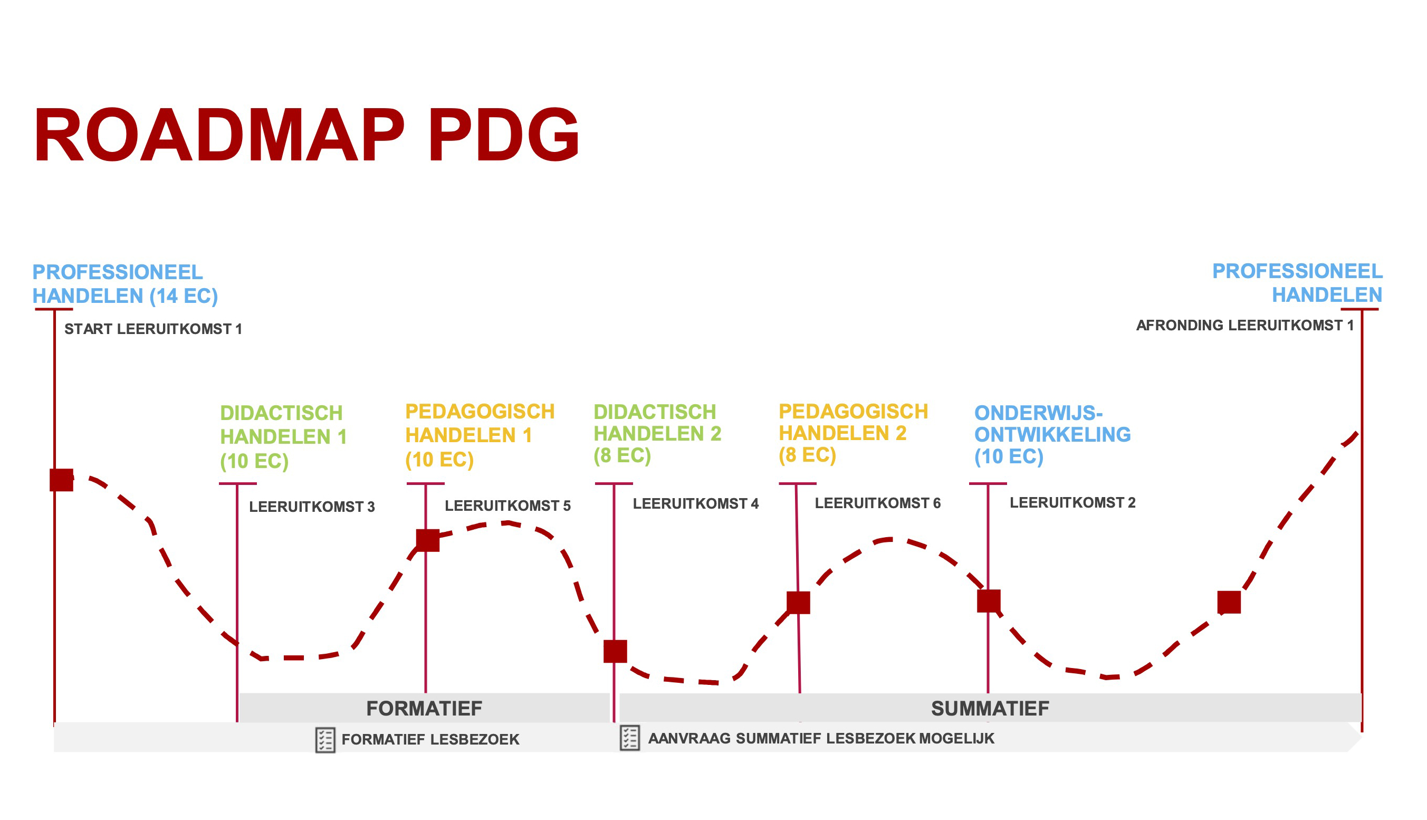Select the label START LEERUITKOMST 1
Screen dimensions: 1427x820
pos(153,329)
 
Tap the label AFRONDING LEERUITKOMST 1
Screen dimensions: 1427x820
pos(1244,325)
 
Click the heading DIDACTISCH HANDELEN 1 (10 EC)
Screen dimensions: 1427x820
pos(283,436)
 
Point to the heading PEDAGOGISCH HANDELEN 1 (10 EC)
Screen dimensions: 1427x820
pos(480,435)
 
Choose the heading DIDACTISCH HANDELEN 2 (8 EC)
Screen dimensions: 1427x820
pos(657,433)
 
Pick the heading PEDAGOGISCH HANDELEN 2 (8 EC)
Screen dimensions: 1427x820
pos(853,433)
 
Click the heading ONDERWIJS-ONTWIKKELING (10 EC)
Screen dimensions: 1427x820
pos(1052,434)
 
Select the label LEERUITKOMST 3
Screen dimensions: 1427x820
pos(312,507)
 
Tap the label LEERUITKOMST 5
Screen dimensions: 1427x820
pos(507,506)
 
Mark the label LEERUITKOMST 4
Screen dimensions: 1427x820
pos(696,503)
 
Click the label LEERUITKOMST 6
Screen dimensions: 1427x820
pos(878,503)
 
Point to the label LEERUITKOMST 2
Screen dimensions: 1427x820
pos(1072,502)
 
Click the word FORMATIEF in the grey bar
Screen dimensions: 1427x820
pos(425,709)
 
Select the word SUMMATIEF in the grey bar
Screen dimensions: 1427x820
pos(990,709)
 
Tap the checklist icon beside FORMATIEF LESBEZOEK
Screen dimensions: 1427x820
pos(325,740)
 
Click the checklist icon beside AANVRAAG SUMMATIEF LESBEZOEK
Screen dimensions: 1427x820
pos(629,738)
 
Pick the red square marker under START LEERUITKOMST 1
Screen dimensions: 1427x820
pos(61,480)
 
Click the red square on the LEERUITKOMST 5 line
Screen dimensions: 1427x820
pos(428,540)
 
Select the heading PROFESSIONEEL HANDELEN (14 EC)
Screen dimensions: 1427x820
pos(125,284)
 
